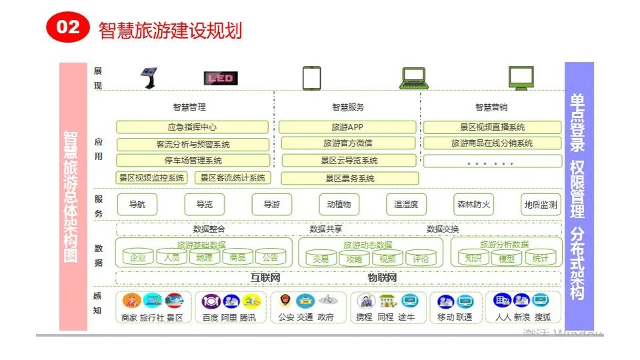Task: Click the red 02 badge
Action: (67, 27)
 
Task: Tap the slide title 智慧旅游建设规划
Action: (170, 31)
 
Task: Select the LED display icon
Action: (220, 79)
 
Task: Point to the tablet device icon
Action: (311, 77)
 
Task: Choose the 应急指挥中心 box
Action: (192, 127)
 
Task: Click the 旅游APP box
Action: (347, 127)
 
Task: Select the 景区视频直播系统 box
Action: (492, 127)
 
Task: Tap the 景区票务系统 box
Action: (349, 178)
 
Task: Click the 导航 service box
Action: (137, 205)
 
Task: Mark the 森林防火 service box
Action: (473, 205)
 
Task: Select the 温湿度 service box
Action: (406, 205)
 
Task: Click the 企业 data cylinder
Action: (138, 257)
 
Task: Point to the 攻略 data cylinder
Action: (355, 259)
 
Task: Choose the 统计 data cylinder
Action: (541, 258)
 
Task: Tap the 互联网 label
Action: (265, 277)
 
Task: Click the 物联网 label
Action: (382, 277)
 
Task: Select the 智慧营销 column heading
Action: (491, 107)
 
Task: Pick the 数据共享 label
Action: (326, 229)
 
